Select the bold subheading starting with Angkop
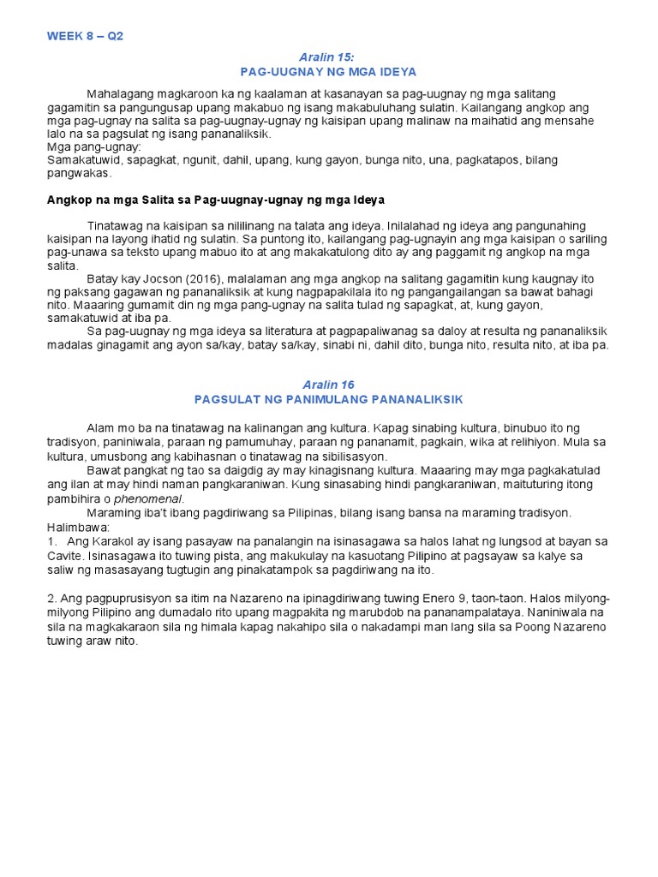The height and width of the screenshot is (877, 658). coord(215,200)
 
